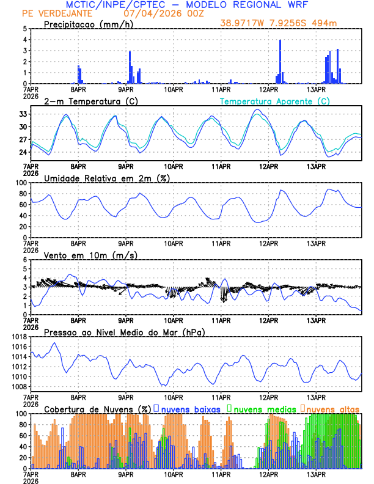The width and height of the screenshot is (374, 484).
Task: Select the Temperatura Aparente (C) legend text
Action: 274,101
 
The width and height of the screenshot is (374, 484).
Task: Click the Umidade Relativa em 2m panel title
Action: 106,178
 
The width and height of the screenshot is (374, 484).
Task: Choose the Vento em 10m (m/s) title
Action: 90,255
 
